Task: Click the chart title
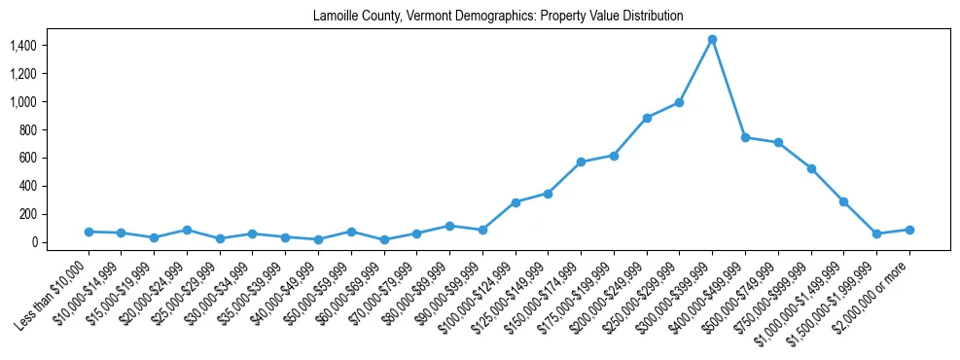(x=498, y=17)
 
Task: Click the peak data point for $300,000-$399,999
(x=712, y=39)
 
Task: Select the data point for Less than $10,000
(x=89, y=232)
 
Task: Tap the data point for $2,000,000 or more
(x=909, y=230)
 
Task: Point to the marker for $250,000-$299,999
(x=679, y=102)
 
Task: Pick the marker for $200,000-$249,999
(x=647, y=118)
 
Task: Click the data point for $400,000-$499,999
(x=745, y=137)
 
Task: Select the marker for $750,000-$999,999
(x=811, y=168)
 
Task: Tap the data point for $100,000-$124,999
(x=516, y=202)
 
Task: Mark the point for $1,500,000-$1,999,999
(x=876, y=234)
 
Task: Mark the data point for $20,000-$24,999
(x=187, y=231)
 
